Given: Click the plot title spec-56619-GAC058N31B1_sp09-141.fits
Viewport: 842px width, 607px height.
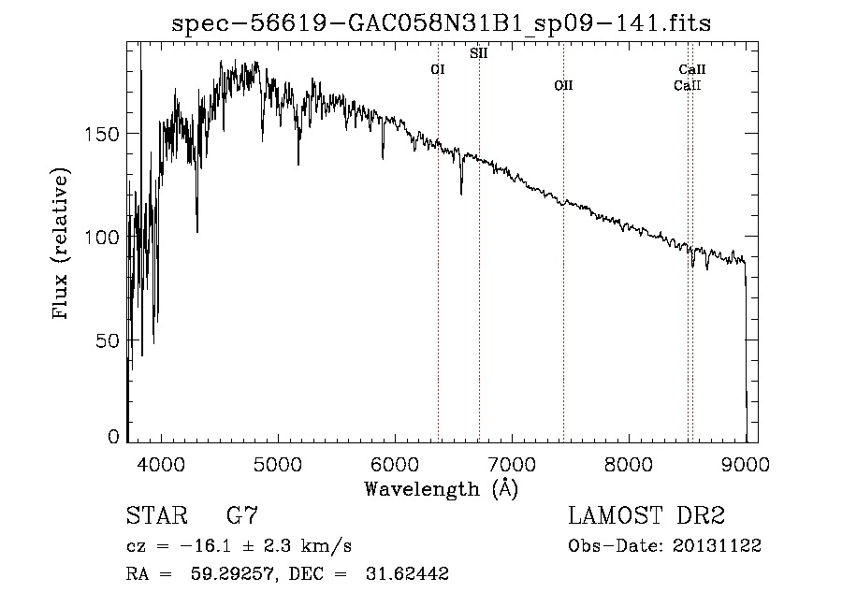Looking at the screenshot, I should click(442, 23).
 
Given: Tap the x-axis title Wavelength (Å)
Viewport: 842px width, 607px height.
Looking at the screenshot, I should click(441, 488).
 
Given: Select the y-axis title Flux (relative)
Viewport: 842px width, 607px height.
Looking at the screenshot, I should click(62, 246).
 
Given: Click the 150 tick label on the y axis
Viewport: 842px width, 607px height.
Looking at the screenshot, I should click(104, 134).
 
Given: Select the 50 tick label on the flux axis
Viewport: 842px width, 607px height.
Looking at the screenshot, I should click(109, 340).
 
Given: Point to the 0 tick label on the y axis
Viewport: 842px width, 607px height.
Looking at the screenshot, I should click(114, 437).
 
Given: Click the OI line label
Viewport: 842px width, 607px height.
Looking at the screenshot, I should click(437, 69).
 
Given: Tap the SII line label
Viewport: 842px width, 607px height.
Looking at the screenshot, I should click(478, 53).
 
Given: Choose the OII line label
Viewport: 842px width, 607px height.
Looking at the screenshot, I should click(562, 85).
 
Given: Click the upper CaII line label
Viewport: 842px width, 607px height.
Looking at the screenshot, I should click(692, 69).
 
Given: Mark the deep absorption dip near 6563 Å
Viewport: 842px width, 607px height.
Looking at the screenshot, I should click(461, 192).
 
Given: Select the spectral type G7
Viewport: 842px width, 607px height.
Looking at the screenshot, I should click(242, 516).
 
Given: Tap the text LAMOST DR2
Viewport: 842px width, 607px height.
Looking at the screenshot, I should click(646, 516).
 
